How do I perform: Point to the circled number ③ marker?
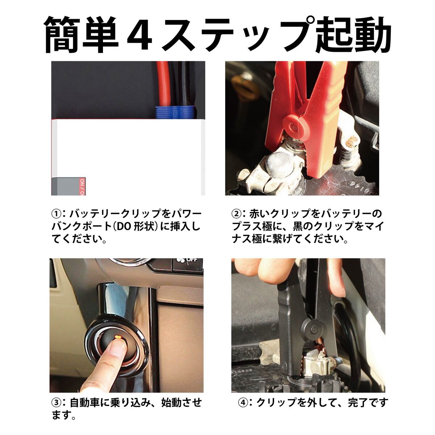56,403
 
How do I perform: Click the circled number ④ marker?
243,403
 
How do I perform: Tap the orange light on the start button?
118,337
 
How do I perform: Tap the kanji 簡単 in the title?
82,35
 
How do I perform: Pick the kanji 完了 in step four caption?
357,403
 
